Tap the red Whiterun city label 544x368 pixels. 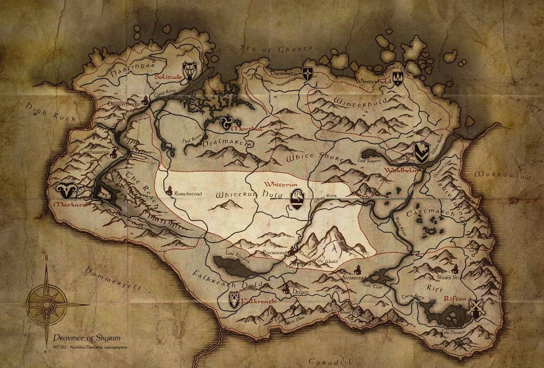(x=280, y=185)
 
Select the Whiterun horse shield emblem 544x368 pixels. (x=297, y=199)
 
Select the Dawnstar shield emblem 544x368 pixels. (x=308, y=74)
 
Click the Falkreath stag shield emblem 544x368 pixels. (x=234, y=300)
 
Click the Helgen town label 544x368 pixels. (x=300, y=292)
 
